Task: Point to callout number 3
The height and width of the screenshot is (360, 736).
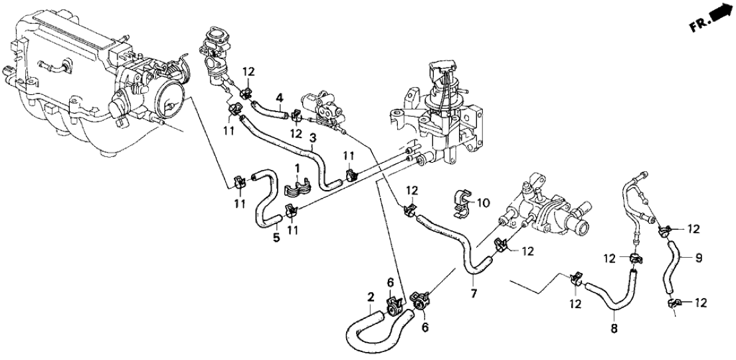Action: pos(313,139)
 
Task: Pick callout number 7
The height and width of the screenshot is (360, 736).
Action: pos(473,293)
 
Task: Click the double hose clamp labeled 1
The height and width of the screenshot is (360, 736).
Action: pos(297,190)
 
